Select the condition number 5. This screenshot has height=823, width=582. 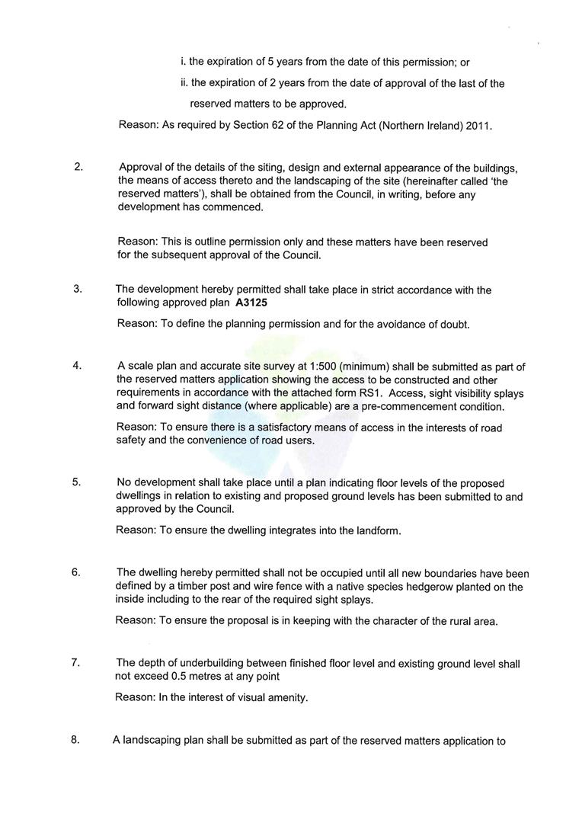76,482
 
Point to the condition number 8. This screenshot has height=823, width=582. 75,739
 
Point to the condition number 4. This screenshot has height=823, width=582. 77,366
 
